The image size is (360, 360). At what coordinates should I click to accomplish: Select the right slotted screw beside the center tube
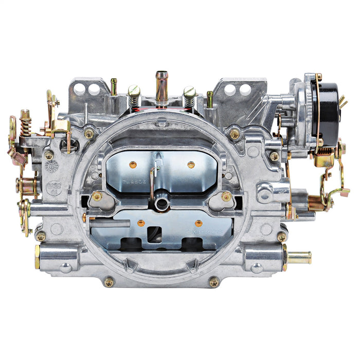tap(189, 94)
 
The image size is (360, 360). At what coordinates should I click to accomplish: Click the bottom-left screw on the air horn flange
tap(109, 281)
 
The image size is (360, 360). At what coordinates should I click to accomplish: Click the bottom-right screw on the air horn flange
tap(213, 282)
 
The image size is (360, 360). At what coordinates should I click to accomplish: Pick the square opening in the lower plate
tap(155, 234)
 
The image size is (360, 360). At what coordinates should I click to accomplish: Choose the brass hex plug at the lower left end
tap(37, 256)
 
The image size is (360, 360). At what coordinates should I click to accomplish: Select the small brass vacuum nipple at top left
tap(114, 86)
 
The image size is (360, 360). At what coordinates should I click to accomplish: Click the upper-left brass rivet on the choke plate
tap(133, 165)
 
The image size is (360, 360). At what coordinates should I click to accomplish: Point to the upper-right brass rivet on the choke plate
tap(191, 165)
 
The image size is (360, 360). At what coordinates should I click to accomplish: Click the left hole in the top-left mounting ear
tap(80, 89)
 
